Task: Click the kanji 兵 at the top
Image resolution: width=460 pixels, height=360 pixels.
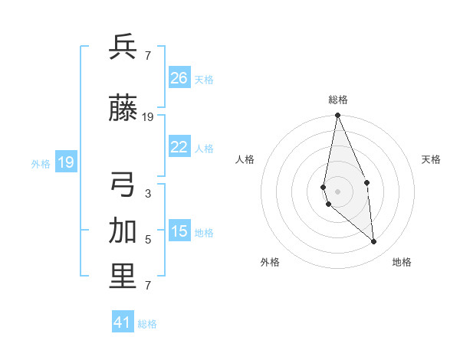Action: tap(123, 47)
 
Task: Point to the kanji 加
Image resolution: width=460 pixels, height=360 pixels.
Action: tap(123, 231)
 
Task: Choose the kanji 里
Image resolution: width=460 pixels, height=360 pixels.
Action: tap(123, 277)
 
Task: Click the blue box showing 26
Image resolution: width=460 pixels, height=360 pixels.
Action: tap(179, 78)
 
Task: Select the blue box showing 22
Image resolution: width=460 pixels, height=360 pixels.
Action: tap(179, 147)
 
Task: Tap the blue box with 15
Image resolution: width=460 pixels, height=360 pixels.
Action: tap(179, 231)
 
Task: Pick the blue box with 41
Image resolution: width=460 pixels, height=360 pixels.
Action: tap(123, 322)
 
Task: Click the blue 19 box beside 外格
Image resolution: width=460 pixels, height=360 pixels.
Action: tap(66, 162)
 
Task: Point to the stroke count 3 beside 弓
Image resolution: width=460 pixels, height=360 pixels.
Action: tap(148, 194)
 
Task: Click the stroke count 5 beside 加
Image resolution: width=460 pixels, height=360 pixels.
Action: tap(148, 240)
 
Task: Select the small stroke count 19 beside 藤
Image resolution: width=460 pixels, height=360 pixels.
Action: tap(148, 117)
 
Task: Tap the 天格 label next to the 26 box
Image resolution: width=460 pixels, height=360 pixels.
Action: tap(204, 79)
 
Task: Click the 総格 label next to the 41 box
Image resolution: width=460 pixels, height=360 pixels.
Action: tap(147, 324)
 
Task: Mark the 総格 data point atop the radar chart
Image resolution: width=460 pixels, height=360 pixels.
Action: tap(337, 116)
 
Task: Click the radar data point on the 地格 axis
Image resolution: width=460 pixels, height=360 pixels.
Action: tap(374, 242)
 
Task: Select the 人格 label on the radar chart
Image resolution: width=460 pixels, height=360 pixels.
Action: tap(245, 159)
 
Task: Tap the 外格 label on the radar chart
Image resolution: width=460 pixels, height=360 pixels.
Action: tap(270, 263)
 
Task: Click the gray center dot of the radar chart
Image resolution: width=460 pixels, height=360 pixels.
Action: tap(337, 191)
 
